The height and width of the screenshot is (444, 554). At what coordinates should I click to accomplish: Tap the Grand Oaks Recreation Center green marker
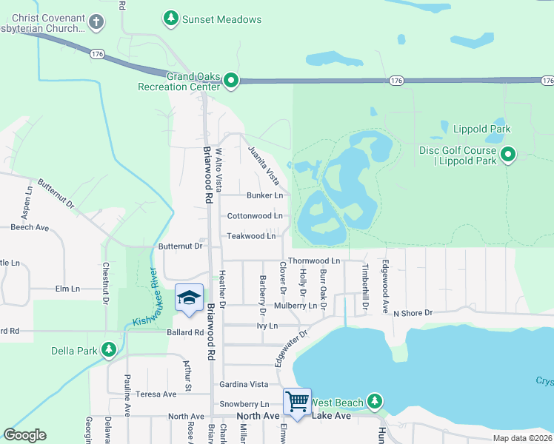(x=231, y=80)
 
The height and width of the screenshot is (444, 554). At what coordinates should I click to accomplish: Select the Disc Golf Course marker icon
(x=508, y=155)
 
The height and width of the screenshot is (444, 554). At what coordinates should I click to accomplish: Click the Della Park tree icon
(x=109, y=349)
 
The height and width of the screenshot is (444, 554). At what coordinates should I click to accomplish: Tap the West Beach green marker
(x=375, y=401)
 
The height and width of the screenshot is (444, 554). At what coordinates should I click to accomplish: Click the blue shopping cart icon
(x=297, y=402)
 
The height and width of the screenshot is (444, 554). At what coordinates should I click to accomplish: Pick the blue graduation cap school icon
(x=189, y=297)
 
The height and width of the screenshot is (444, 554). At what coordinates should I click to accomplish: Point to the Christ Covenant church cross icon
(x=96, y=22)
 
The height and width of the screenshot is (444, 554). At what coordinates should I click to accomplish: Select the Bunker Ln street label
(x=264, y=195)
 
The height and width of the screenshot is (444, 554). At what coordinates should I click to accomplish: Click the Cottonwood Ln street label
(x=254, y=216)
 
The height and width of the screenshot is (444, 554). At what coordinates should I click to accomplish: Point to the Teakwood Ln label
(x=251, y=236)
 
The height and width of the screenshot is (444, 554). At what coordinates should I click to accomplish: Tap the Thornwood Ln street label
(x=313, y=261)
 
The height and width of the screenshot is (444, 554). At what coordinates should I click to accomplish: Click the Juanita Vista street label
(x=264, y=165)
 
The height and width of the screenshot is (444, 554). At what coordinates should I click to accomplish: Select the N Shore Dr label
(x=413, y=314)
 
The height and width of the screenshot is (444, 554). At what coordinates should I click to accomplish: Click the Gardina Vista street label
(x=244, y=385)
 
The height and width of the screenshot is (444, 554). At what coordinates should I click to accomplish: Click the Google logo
(x=25, y=435)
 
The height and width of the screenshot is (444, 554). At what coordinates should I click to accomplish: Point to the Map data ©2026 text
(x=522, y=438)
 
